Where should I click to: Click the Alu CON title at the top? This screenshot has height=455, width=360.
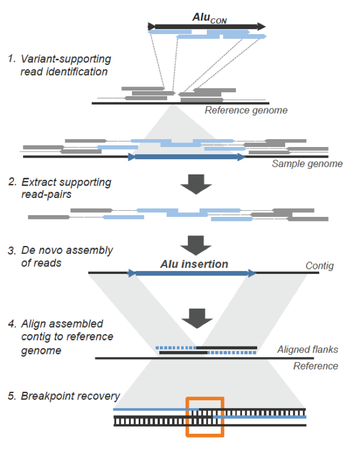(210, 18)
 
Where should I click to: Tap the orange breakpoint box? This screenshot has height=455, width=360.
(187, 416)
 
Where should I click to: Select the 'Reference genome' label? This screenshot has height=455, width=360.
(246, 110)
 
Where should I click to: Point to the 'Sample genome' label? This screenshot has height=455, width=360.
(307, 164)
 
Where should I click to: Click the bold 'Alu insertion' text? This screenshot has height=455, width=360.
(195, 264)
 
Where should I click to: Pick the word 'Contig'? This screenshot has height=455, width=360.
(319, 266)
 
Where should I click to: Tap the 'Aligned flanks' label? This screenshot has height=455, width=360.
(307, 349)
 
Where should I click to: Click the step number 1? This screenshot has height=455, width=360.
(11, 59)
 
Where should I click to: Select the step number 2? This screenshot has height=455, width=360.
(12, 182)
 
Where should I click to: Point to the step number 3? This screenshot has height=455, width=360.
(12, 250)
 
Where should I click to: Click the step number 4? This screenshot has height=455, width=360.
(12, 324)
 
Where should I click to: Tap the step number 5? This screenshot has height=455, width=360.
(12, 396)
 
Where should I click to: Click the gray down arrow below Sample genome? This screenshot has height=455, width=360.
(196, 184)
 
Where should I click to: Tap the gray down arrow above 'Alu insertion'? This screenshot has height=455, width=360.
(196, 245)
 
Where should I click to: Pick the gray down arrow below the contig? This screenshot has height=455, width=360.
(197, 319)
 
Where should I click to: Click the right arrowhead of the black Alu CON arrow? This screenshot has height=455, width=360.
(262, 26)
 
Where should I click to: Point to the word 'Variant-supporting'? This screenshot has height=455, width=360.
(66, 59)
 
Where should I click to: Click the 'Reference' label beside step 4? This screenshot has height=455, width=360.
(316, 366)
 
